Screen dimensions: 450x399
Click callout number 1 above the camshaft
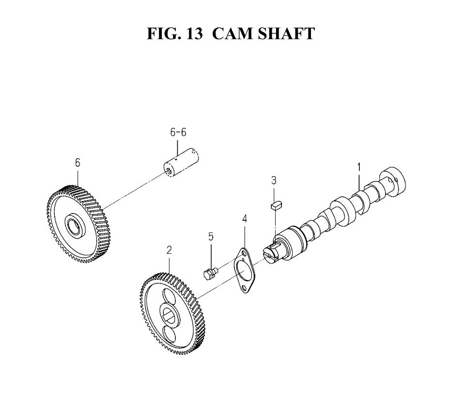(359, 167)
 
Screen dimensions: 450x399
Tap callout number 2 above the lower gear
(170, 250)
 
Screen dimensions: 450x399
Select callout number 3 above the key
(274, 181)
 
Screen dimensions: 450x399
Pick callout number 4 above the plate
(245, 218)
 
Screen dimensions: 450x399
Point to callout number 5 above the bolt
(211, 237)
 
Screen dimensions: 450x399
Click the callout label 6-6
(178, 132)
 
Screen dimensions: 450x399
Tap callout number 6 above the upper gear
(78, 163)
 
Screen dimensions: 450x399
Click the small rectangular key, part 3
(277, 205)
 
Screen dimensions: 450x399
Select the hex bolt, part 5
(210, 273)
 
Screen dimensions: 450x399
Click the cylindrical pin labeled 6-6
(181, 162)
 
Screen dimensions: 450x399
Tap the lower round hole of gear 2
(169, 334)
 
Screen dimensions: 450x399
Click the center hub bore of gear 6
(74, 225)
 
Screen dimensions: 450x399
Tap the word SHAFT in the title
(286, 33)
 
